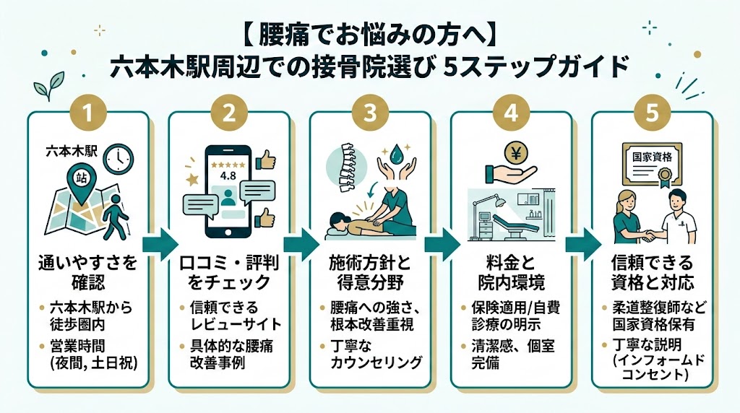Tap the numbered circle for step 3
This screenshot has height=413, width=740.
tap(370, 113)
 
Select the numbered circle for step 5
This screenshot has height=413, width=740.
tap(653, 113)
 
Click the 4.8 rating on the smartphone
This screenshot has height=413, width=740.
tap(228, 176)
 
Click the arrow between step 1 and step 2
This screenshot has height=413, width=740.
tap(158, 243)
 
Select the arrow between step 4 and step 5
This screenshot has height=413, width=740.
tap(580, 243)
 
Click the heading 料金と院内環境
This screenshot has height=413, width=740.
tap(512, 271)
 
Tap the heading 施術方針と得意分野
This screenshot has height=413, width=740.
tap(370, 271)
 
